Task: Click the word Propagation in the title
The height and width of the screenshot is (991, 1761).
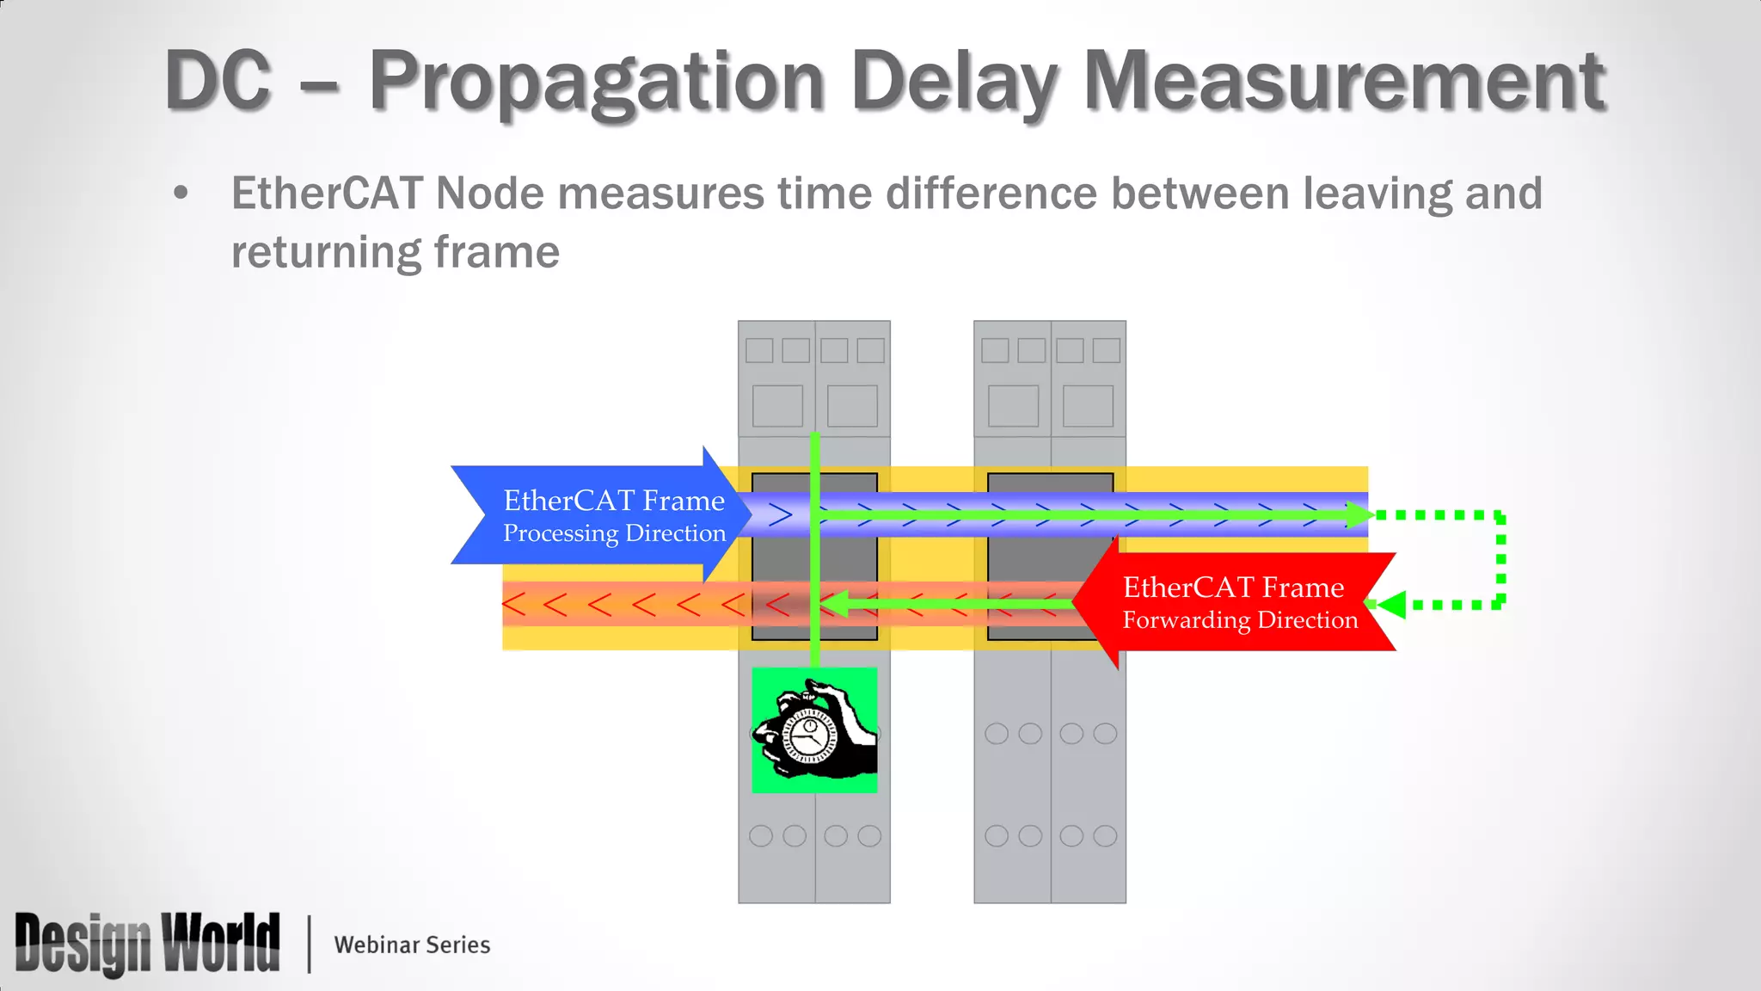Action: click(597, 83)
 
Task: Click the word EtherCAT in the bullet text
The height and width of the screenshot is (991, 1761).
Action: click(327, 193)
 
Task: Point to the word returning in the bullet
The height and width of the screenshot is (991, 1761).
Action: click(324, 253)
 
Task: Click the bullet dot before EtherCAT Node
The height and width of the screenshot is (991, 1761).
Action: click(181, 193)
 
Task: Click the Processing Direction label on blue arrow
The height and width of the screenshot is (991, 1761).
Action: click(614, 533)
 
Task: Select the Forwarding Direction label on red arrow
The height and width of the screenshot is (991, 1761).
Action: click(1240, 620)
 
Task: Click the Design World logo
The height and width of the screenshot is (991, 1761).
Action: click(147, 944)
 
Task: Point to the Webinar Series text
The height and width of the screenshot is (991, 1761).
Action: click(412, 945)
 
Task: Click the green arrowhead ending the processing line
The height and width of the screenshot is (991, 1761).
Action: click(1359, 515)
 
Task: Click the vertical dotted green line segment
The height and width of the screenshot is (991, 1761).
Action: click(1500, 560)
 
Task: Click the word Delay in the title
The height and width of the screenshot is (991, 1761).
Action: click(954, 83)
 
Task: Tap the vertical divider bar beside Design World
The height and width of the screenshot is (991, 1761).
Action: click(309, 944)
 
